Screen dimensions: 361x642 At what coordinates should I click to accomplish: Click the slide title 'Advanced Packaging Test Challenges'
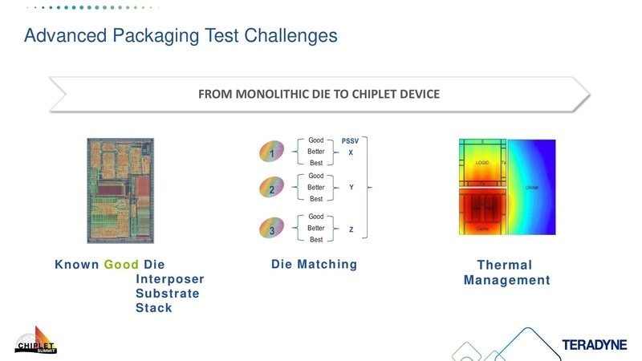coord(181,36)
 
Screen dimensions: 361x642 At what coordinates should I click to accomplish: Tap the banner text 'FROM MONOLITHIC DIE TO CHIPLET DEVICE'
coord(319,94)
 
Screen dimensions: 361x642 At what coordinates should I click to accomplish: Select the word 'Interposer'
coord(169,279)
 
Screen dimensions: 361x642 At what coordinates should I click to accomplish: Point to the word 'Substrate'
coord(167,294)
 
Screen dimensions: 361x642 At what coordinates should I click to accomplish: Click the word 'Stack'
coord(153,308)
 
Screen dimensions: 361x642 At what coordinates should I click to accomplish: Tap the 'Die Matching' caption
coord(314,265)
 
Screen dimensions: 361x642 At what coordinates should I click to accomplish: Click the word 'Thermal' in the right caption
coord(504,266)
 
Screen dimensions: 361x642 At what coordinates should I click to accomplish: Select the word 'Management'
coord(506,280)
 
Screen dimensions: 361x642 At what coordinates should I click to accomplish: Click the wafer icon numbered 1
coord(272,151)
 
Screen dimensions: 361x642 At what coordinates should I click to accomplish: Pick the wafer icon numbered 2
coord(272,189)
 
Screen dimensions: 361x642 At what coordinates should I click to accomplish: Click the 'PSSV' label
coord(350,140)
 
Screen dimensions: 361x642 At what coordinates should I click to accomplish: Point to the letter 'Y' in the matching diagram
coord(351,187)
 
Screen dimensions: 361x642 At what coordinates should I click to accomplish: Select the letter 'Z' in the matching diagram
coord(351,229)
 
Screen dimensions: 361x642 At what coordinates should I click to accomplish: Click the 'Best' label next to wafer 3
coord(316,240)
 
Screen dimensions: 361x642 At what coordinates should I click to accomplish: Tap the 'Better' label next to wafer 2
coord(316,187)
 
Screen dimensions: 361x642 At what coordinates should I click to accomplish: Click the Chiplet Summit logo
coord(36,341)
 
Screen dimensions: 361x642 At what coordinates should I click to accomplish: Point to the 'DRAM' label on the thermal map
coord(532,188)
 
